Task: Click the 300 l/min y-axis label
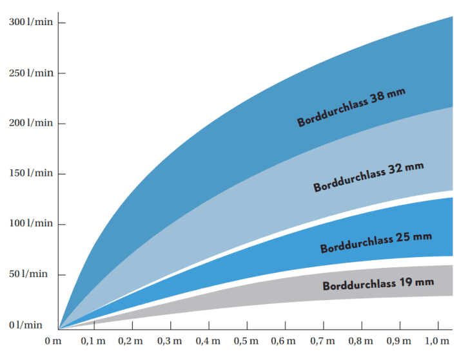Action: [x=31, y=23]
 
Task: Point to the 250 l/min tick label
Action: [x=31, y=73]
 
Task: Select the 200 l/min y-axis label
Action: [x=31, y=123]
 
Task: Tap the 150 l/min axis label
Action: [x=31, y=173]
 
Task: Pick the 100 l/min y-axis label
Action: [x=31, y=223]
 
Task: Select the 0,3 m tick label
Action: [x=170, y=340]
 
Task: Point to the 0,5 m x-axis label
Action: [x=246, y=340]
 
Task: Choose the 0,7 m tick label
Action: [x=322, y=340]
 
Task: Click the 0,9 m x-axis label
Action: [x=398, y=340]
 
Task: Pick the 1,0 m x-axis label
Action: [x=437, y=340]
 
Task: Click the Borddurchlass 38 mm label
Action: [x=351, y=108]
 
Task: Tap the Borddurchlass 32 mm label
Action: [x=369, y=177]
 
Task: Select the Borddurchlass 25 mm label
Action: [x=376, y=243]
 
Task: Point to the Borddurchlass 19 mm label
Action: [x=378, y=283]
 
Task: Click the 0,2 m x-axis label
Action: [x=132, y=340]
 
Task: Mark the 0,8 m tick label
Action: [x=360, y=340]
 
